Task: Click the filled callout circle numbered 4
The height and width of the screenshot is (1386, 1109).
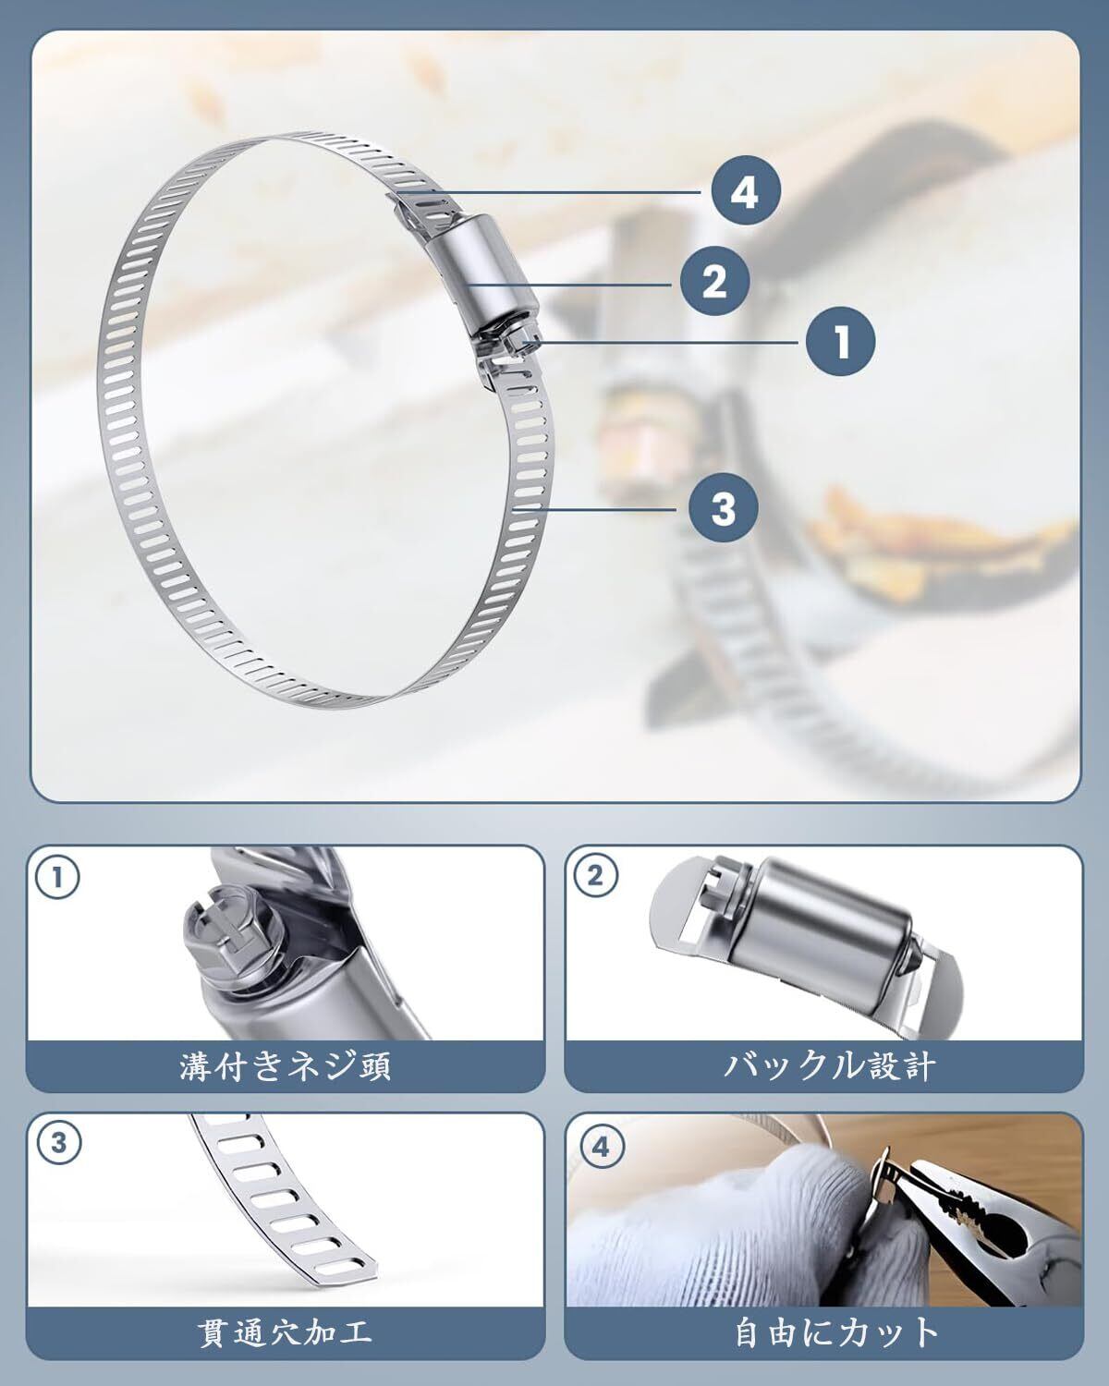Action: [745, 191]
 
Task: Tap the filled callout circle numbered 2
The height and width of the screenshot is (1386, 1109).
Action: [714, 282]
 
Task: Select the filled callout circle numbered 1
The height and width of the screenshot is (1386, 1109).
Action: [840, 342]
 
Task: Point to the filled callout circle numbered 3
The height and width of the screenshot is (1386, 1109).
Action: [723, 508]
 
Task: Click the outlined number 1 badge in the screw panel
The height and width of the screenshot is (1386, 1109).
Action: [58, 878]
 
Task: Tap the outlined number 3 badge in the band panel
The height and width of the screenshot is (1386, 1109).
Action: [59, 1144]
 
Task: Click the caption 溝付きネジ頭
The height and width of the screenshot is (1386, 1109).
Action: [286, 1066]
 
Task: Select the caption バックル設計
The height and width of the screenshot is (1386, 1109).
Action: [829, 1066]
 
